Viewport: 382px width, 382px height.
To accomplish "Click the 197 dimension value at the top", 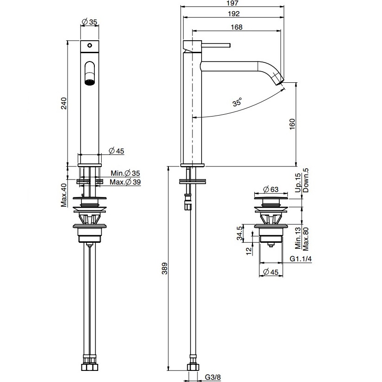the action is pyautogui.click(x=233, y=3).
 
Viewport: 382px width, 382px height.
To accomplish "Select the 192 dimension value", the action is pyautogui.click(x=234, y=14).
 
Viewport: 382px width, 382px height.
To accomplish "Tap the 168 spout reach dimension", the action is pyautogui.click(x=237, y=27).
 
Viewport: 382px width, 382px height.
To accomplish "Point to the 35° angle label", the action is pyautogui.click(x=237, y=102).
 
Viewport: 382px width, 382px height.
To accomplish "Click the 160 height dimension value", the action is pyautogui.click(x=292, y=124).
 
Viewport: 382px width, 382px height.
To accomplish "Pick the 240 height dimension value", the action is pyautogui.click(x=63, y=103).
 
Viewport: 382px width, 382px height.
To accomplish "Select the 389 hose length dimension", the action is pyautogui.click(x=165, y=269).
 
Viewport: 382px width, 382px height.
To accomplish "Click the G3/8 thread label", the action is pyautogui.click(x=213, y=377).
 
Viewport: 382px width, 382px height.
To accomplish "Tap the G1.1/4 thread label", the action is pyautogui.click(x=301, y=259).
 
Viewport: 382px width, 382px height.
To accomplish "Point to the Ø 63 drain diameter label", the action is pyautogui.click(x=271, y=189).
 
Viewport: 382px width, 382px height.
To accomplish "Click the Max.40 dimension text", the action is pyautogui.click(x=64, y=195).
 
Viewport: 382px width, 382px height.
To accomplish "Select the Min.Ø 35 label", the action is pyautogui.click(x=125, y=173).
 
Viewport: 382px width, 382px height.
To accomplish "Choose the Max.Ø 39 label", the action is pyautogui.click(x=125, y=182).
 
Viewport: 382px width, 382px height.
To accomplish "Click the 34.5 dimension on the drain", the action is pyautogui.click(x=240, y=233).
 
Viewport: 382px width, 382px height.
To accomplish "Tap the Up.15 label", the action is pyautogui.click(x=298, y=183).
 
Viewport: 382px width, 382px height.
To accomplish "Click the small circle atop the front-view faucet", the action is pyautogui.click(x=90, y=45).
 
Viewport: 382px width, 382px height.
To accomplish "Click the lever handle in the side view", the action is pyautogui.click(x=216, y=45).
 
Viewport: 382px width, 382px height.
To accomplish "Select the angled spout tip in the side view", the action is pyautogui.click(x=279, y=79).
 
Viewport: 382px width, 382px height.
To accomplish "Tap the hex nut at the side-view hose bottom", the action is pyautogui.click(x=193, y=367).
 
